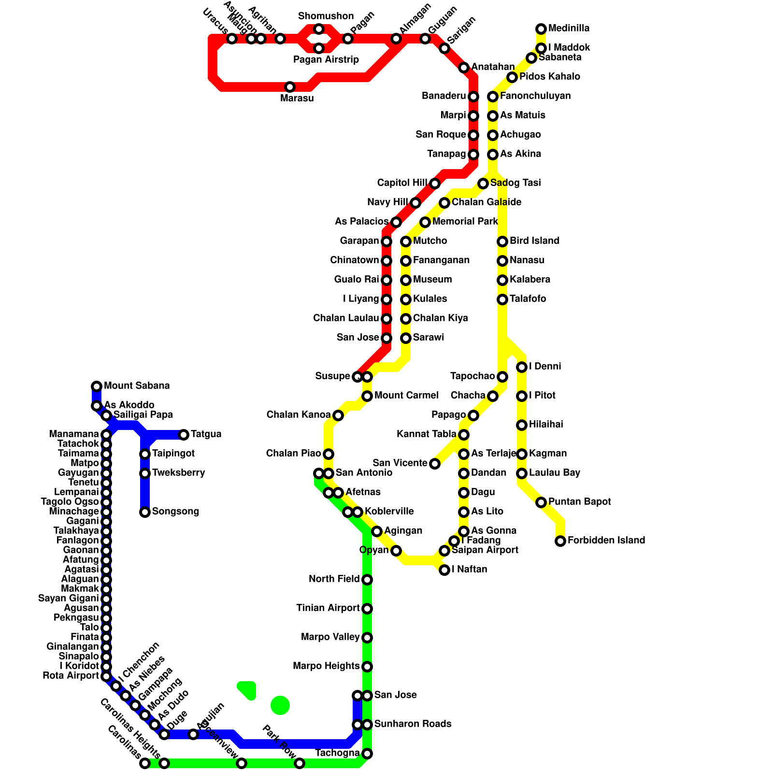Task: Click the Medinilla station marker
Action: click(x=541, y=29)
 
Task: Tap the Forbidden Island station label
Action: click(x=606, y=541)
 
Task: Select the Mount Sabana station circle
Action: click(x=97, y=386)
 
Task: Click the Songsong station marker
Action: click(x=145, y=512)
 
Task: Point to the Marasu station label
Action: click(x=297, y=99)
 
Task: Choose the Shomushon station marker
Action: click(x=319, y=29)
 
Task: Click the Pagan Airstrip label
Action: click(x=326, y=60)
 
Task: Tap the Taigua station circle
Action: click(x=184, y=435)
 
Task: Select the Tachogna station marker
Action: click(x=367, y=754)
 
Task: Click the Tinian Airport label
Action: click(x=328, y=608)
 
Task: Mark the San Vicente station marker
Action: click(x=435, y=464)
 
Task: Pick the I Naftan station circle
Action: click(x=444, y=570)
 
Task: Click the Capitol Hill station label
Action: click(x=402, y=183)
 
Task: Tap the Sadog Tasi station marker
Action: click(x=483, y=184)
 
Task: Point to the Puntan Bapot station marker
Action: click(x=541, y=502)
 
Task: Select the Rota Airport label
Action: click(x=71, y=676)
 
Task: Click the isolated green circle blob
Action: click(x=280, y=705)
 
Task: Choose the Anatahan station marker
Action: click(x=464, y=68)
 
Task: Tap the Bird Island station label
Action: click(x=534, y=241)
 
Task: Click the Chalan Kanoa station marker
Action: click(x=338, y=415)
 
